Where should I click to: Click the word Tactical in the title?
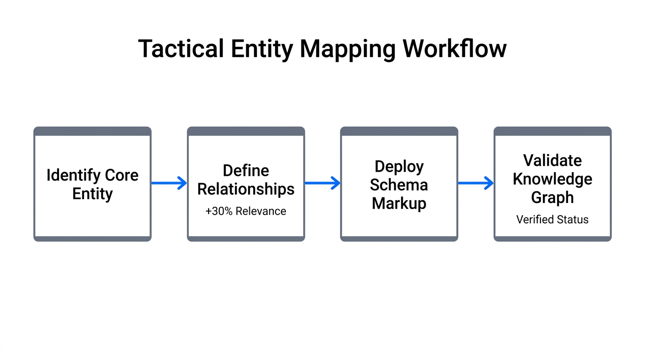point(180,49)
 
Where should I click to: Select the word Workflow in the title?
point(454,49)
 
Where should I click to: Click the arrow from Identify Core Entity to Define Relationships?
point(169,183)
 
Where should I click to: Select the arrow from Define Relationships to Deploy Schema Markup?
point(322,183)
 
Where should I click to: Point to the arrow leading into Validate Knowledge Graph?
point(476,183)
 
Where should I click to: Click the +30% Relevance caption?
point(246,211)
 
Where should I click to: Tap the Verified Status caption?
point(552,219)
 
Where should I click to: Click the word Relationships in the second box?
point(246,189)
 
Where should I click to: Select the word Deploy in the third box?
point(399,166)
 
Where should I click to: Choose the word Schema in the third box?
point(399,185)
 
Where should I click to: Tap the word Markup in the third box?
point(399,203)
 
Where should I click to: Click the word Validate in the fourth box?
point(552,160)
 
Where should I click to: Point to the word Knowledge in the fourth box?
point(552,179)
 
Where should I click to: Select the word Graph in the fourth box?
point(552,197)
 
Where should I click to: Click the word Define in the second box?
point(246,171)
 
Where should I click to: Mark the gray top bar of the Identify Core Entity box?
point(92,131)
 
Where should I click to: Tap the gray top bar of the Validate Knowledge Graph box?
point(552,131)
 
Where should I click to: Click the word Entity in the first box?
point(92,194)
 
